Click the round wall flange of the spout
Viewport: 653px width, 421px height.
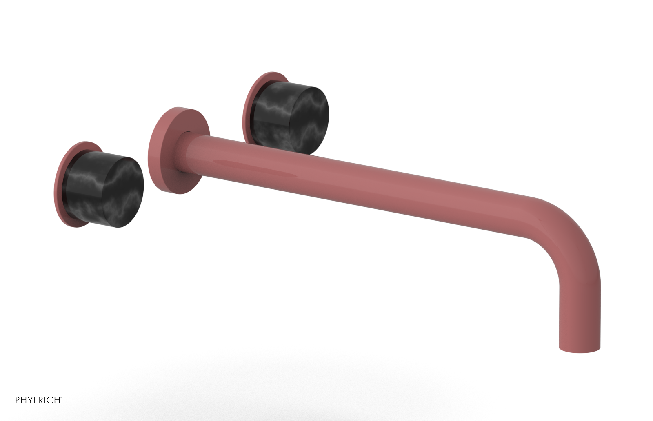(x=163, y=155)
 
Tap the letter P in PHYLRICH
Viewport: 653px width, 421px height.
(x=18, y=400)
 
